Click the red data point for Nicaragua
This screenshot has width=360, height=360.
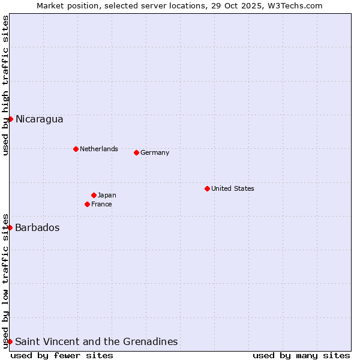[10, 119]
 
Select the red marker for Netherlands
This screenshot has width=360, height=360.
[76, 149]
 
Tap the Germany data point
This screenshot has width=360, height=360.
[136, 152]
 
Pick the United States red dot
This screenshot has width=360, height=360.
[207, 188]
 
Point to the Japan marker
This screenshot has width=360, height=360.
[94, 195]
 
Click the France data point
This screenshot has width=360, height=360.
[87, 204]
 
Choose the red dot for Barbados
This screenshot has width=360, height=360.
[10, 227]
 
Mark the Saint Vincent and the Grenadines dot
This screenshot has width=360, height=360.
[10, 341]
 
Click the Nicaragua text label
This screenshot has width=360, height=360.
[39, 119]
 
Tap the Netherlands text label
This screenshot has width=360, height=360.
[99, 149]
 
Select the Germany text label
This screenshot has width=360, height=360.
[155, 152]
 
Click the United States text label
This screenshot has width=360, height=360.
[233, 188]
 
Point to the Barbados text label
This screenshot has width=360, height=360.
[37, 227]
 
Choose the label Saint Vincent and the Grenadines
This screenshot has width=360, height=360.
[96, 341]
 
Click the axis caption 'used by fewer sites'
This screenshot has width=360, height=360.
[62, 355]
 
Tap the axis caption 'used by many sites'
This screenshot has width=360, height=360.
[301, 355]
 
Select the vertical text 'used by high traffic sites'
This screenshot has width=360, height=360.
[5, 85]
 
